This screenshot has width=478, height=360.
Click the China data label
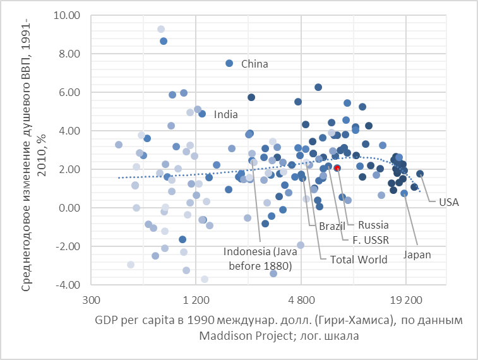(254, 64)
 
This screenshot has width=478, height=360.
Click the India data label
(226, 114)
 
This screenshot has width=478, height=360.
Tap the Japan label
(417, 255)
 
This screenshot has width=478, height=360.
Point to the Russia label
(373, 225)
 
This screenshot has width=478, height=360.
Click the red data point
(337, 168)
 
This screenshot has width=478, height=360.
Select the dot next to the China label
(229, 63)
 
